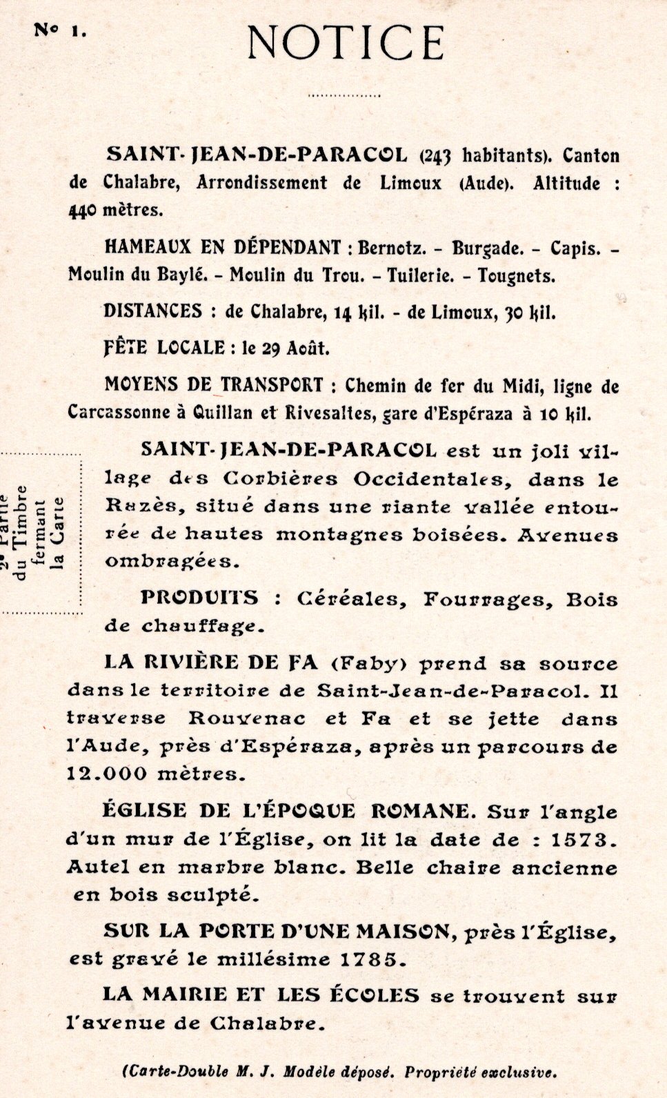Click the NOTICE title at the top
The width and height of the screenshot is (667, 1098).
[x=346, y=42]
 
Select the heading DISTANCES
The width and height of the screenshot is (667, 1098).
[x=154, y=311]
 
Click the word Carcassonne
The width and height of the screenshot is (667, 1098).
[x=117, y=411]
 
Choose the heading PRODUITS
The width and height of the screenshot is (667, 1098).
[x=200, y=598]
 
